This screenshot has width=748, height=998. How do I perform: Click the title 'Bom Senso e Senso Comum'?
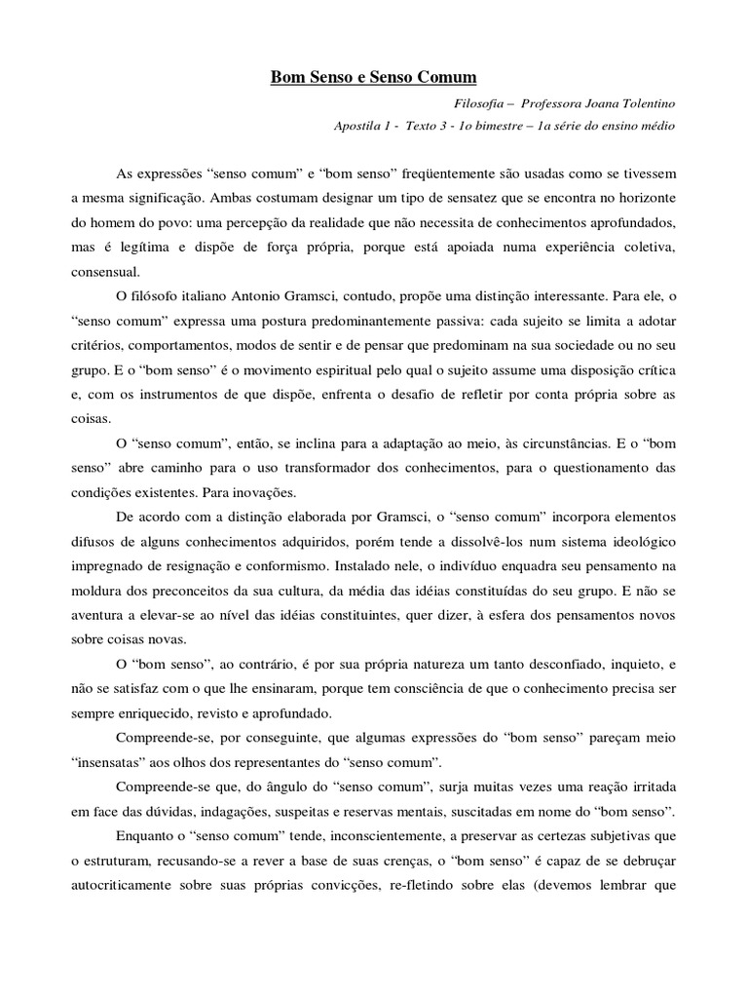click(374, 75)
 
